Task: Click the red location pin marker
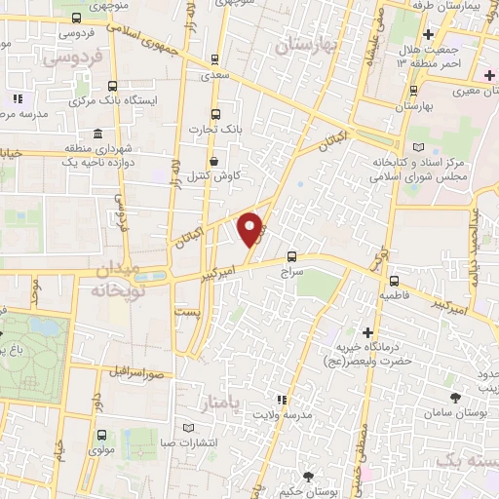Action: point(252,228)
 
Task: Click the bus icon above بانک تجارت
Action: point(216,113)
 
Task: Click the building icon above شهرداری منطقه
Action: point(96,134)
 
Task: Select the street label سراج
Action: point(294,276)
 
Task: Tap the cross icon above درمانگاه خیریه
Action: point(368,332)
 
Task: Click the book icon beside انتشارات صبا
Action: point(190,428)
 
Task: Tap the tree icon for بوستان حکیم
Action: point(308,476)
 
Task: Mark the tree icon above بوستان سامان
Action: point(455,397)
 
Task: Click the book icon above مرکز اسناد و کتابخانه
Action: point(419,146)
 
